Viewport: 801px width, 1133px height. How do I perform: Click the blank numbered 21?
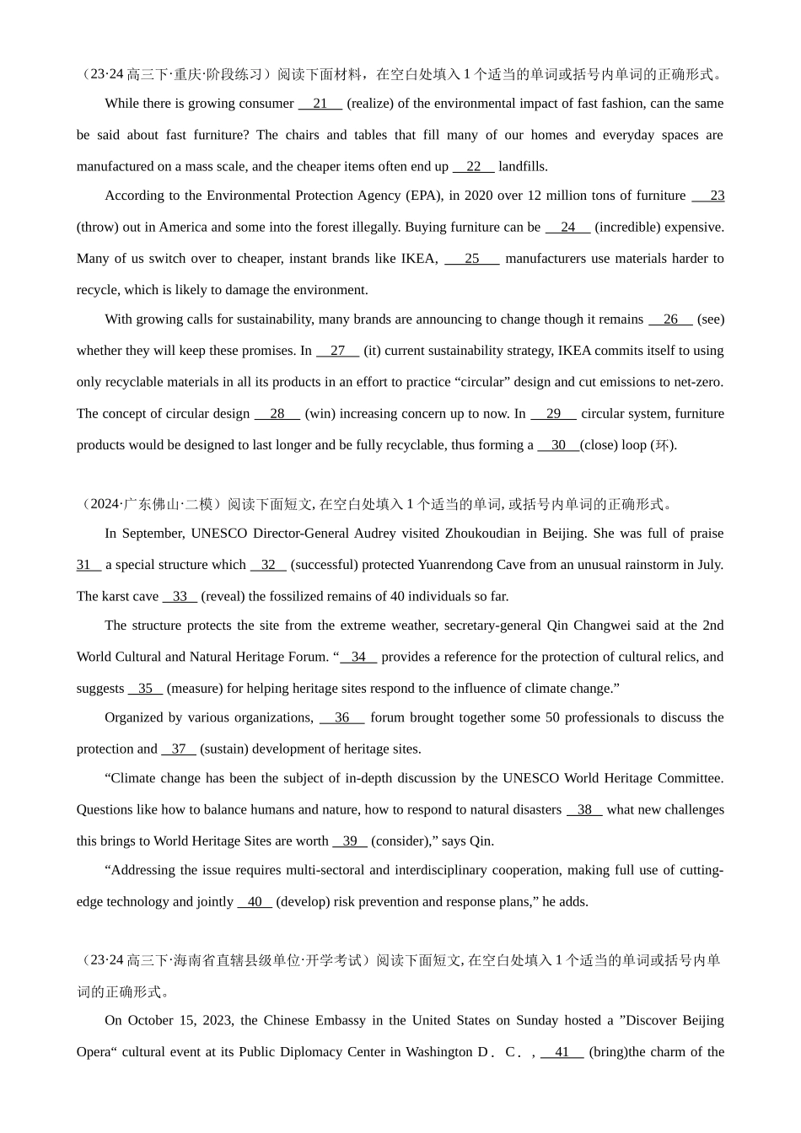tap(320, 104)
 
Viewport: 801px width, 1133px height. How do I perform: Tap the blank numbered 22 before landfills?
tap(474, 167)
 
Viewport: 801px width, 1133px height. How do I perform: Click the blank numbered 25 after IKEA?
tap(472, 259)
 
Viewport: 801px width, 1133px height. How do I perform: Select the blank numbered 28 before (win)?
tap(277, 414)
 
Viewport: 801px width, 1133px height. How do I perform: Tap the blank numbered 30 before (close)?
tap(558, 445)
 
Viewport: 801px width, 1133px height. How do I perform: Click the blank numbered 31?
tap(88, 565)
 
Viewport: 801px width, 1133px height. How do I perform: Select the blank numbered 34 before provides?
tap(359, 658)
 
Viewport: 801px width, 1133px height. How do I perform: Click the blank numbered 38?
tap(584, 810)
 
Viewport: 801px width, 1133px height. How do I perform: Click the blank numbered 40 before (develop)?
tap(255, 902)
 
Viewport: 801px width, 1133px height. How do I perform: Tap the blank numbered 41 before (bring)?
tap(562, 1052)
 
